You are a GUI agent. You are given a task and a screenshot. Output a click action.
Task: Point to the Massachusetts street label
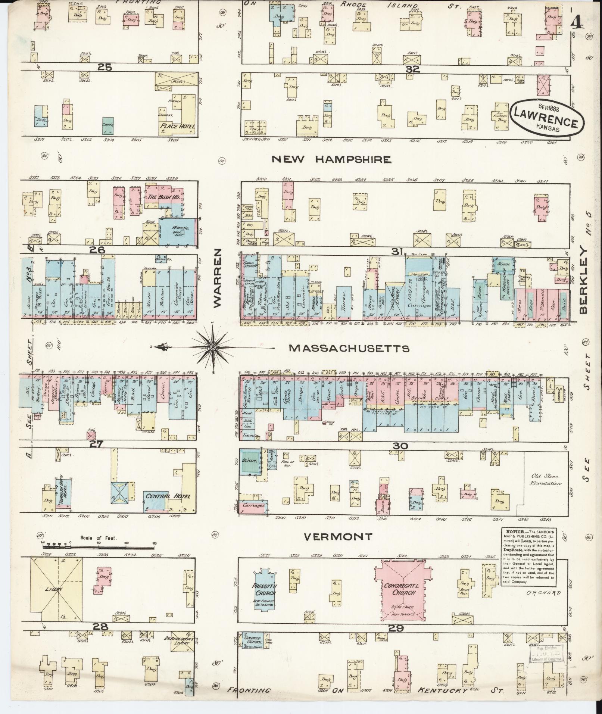349,348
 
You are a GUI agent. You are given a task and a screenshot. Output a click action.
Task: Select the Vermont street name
338,537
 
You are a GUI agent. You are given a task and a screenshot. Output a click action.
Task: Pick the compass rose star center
212,347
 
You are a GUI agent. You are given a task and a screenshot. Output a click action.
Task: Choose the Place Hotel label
177,126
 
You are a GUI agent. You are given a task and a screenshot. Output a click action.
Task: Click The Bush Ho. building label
163,196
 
